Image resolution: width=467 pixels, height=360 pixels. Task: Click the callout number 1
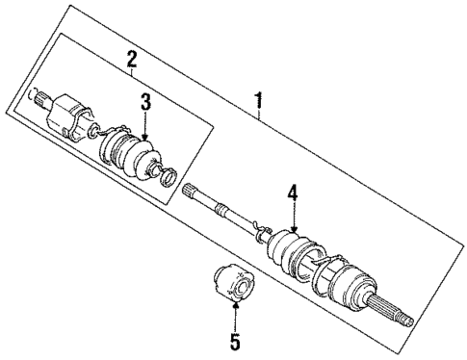pos(259,99)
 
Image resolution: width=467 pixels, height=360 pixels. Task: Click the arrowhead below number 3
pos(144,141)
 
